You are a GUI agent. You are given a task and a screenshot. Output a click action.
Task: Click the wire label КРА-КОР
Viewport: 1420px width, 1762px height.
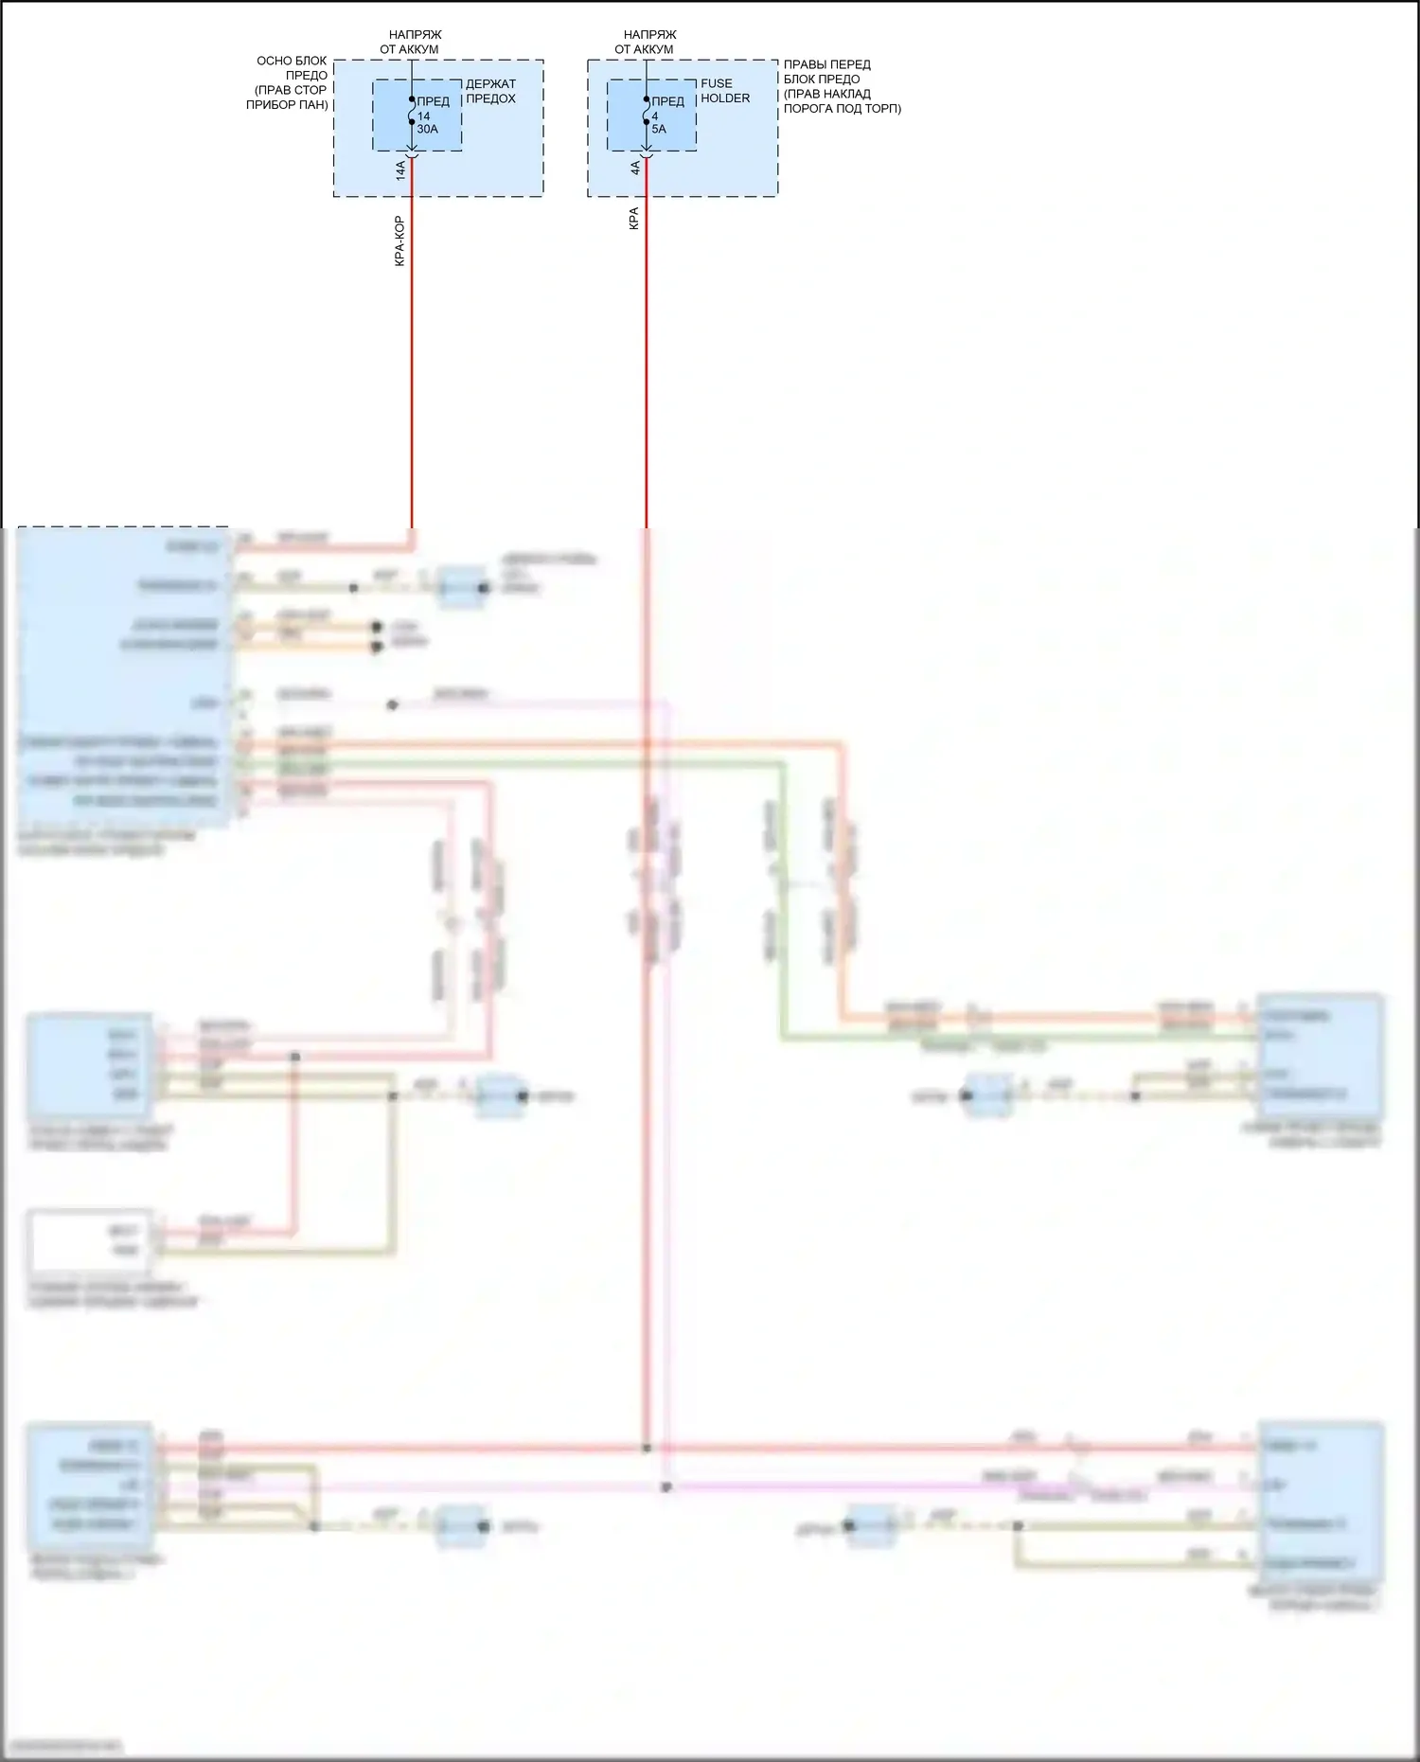tap(399, 241)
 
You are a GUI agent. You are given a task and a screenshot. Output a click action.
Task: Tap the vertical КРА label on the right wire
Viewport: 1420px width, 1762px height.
tap(633, 219)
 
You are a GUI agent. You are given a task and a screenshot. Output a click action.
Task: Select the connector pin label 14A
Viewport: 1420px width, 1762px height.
tap(400, 170)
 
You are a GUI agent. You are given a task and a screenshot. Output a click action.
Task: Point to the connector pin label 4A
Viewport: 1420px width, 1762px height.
tap(635, 169)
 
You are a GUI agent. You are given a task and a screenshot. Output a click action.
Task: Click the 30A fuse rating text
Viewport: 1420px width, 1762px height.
tap(428, 130)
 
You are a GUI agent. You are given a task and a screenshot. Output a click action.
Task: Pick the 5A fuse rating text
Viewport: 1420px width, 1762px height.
tap(659, 130)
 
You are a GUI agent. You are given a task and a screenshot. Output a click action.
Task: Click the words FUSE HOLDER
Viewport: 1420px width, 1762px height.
tap(724, 91)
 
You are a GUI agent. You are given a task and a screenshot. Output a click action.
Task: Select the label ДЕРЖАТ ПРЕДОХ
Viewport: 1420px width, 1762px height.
tap(490, 91)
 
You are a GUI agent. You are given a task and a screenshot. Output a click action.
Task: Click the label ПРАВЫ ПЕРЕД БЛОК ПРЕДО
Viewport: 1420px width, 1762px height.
tap(826, 72)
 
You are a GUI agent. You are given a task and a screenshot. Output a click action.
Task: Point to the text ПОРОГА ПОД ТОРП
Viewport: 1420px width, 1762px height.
tap(842, 109)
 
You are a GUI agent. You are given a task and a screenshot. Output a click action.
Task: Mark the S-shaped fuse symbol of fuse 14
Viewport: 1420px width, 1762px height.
tap(412, 116)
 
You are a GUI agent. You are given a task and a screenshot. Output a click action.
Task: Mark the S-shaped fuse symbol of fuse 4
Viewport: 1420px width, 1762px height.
tap(647, 116)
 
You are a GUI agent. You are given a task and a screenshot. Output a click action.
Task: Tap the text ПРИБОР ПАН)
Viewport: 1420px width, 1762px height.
tap(287, 105)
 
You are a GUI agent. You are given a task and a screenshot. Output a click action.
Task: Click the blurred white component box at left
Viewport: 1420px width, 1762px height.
tap(91, 1241)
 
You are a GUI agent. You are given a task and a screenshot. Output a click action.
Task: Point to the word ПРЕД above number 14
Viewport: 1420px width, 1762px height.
tap(434, 101)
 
